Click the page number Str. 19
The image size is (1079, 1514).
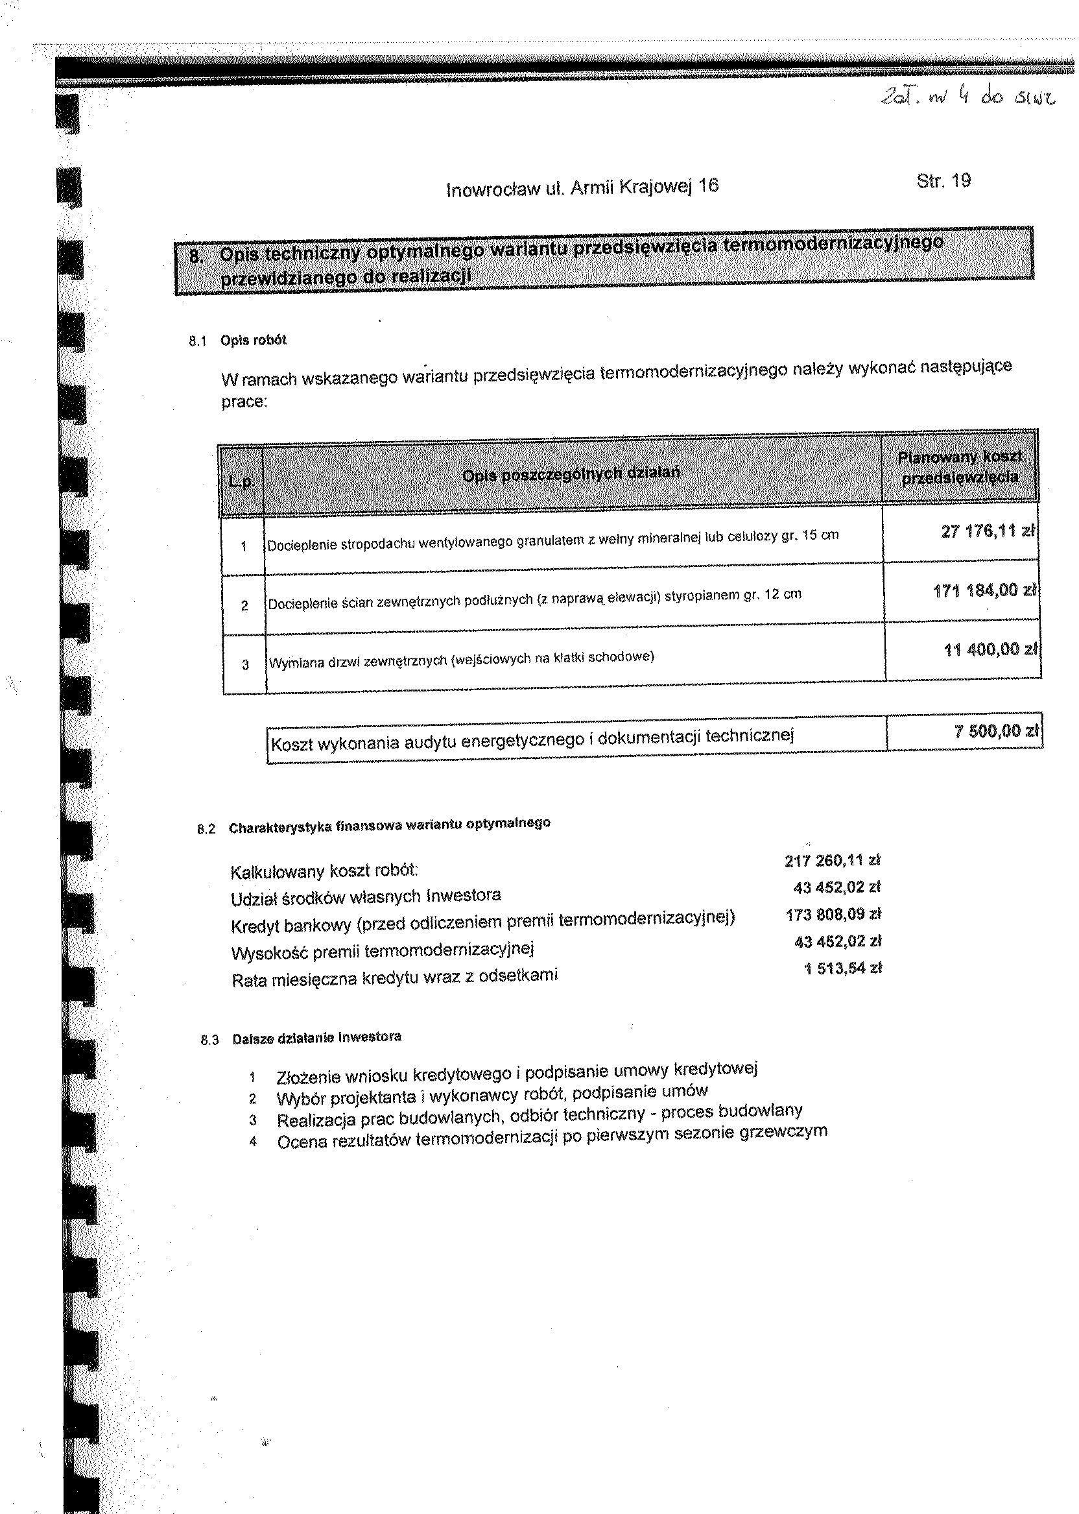point(943,181)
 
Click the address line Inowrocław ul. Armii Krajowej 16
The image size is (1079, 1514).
point(582,188)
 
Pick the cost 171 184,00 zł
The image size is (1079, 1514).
point(984,590)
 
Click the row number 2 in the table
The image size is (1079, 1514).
point(244,605)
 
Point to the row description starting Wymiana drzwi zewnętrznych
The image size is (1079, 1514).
point(461,659)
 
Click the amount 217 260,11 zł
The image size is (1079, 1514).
point(833,861)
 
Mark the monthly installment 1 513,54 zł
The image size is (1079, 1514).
point(842,968)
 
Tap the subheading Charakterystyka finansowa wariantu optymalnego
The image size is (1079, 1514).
point(389,826)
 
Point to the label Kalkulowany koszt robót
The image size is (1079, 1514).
point(324,871)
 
